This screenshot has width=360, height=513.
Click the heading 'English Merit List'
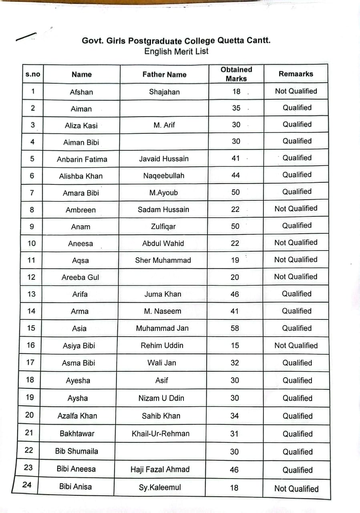176,51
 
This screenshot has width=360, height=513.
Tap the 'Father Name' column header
164,74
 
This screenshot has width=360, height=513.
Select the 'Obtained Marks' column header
236,74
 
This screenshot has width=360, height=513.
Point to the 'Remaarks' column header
296,74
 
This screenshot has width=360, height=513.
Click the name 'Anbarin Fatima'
82,159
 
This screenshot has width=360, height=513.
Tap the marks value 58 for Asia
235,328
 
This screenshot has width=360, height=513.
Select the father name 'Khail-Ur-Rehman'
161,433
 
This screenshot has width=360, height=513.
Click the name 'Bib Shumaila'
76,451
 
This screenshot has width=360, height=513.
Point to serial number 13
31,294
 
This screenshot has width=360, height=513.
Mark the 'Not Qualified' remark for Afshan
296,91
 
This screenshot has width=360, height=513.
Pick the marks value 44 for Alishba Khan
235,175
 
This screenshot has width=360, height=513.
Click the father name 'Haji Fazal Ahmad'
160,469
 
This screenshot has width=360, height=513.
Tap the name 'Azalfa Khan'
77,416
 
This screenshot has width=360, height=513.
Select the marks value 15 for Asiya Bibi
235,345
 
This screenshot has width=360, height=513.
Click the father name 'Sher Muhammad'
163,260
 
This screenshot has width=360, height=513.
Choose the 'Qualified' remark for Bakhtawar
298,434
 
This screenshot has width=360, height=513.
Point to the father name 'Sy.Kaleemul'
160,487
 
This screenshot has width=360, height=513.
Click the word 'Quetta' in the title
232,40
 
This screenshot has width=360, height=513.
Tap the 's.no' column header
32,74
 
